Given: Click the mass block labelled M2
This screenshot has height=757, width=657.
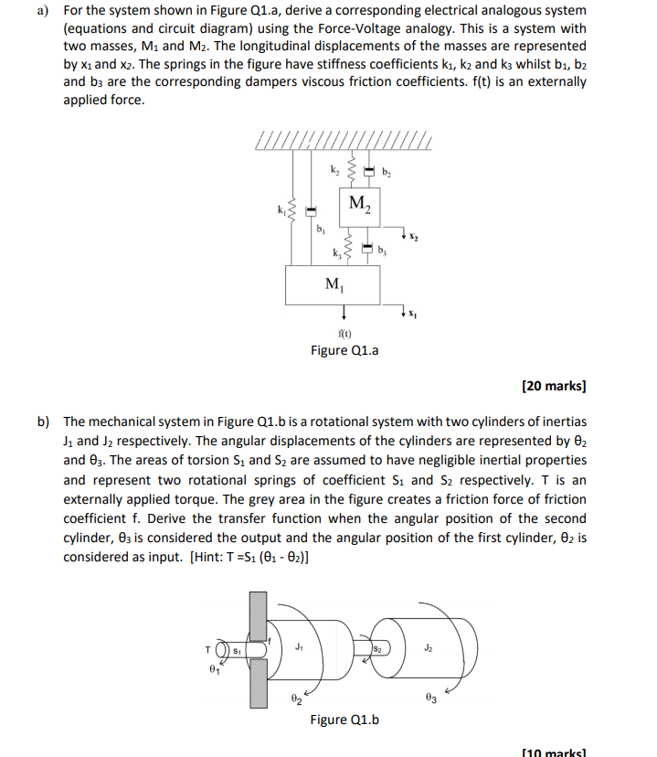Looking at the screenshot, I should (x=359, y=204).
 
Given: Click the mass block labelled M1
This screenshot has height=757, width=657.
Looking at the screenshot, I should (x=334, y=285).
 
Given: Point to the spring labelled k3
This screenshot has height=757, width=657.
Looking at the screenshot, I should (x=348, y=247).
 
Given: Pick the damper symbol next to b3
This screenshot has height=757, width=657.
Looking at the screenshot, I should (x=367, y=247).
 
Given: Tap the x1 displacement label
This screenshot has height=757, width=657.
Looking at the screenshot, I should (x=413, y=315).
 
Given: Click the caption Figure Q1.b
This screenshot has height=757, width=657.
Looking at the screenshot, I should (x=344, y=720).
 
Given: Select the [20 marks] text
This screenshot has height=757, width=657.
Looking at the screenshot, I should (x=554, y=386).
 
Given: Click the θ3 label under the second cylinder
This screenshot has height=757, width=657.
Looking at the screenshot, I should (x=432, y=699).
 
